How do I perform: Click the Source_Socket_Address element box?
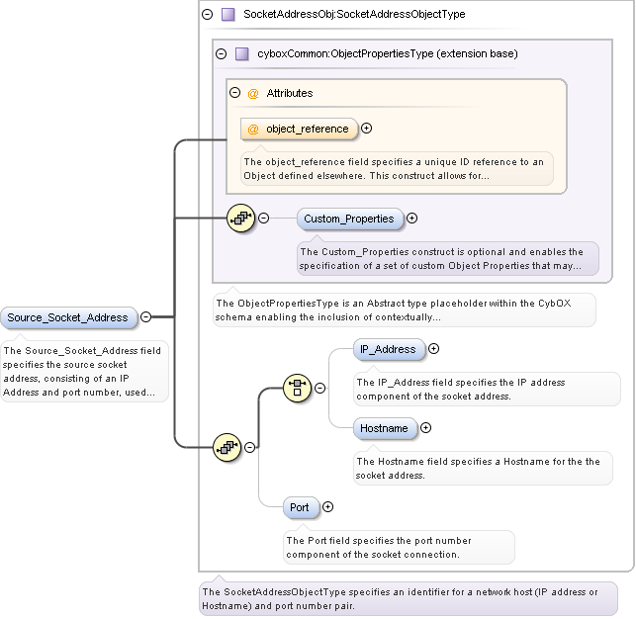68,317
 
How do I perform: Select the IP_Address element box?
389,349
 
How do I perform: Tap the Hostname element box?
384,428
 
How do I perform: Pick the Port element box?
300,507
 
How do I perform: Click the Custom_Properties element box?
348,219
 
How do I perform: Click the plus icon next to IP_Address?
433,349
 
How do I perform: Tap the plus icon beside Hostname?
426,428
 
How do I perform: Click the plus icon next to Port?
327,507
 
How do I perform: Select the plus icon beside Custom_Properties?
412,219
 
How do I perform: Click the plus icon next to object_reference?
367,128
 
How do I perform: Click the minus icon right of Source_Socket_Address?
145,317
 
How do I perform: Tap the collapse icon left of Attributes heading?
235,93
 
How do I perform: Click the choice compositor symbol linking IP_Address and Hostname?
298,388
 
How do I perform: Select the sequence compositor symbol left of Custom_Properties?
240,218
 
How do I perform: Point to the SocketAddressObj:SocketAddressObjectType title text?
353,15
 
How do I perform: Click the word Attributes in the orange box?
289,93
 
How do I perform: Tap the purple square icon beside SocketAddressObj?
227,15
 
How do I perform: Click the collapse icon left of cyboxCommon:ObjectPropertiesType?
222,53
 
